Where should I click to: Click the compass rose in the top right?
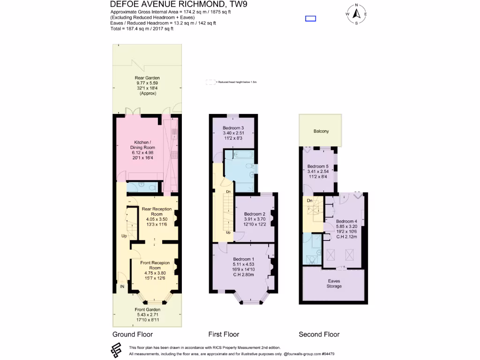356,14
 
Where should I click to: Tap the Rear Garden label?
147,78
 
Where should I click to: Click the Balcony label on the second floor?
321,131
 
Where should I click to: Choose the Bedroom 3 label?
233,128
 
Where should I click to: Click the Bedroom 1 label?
244,259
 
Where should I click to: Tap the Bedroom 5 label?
318,166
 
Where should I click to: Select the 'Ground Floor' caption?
133,334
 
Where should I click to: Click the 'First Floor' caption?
224,334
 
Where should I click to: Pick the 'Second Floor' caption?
319,334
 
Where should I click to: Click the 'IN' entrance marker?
122,286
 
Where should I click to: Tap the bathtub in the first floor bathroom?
239,154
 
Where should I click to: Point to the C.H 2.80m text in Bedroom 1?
244,275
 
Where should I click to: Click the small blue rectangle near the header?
310,19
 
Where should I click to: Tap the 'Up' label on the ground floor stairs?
124,236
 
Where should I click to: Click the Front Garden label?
148,309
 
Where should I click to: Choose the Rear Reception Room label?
157,211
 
